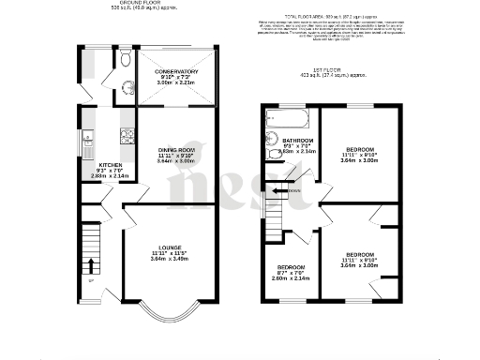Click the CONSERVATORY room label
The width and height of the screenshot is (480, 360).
(x=177, y=70)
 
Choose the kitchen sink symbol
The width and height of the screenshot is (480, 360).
(x=86, y=144)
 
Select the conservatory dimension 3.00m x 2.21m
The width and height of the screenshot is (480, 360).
(x=177, y=82)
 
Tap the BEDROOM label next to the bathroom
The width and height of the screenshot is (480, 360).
(x=360, y=150)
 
